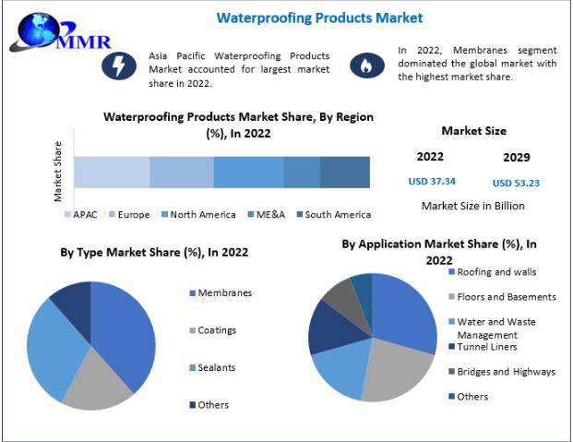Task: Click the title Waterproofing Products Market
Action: [306, 18]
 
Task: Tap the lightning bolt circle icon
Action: [118, 65]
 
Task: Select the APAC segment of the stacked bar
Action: [112, 173]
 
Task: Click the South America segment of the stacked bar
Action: [344, 173]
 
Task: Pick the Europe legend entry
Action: [128, 215]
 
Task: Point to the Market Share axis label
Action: [58, 172]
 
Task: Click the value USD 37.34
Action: [431, 182]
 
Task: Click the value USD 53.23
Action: [516, 183]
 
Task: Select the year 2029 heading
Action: [516, 157]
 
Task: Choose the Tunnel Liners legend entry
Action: [487, 347]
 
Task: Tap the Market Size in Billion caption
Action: [473, 206]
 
